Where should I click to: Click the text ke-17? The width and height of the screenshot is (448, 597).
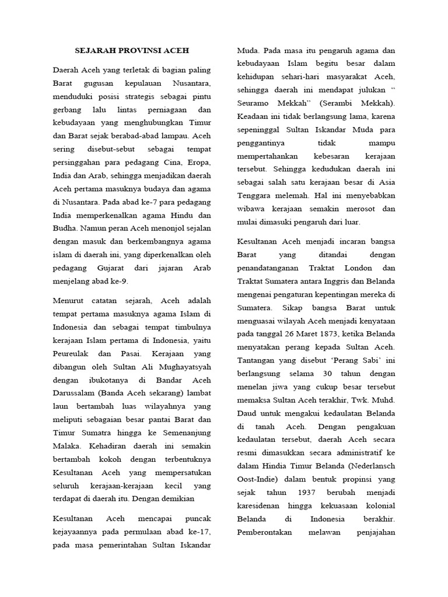199,532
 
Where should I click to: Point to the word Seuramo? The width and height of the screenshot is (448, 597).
256,103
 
